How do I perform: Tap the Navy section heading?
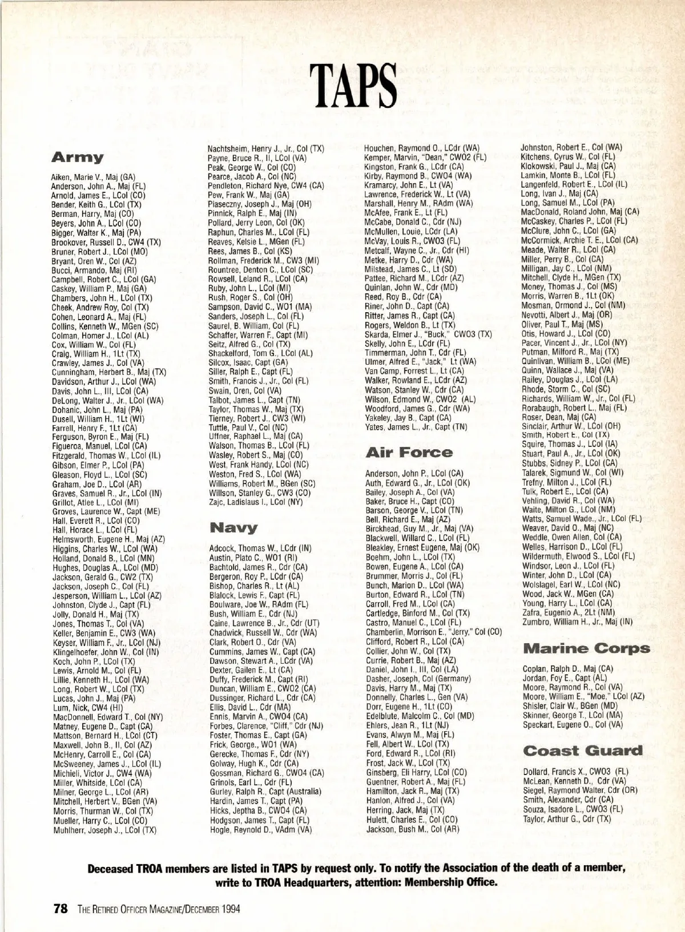(233, 527)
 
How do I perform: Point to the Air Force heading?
(409, 453)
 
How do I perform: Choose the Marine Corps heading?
(586, 649)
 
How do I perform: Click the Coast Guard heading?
(582, 751)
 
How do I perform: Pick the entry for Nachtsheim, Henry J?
(266, 148)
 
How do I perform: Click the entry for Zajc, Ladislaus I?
(255, 502)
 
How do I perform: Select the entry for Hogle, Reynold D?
(260, 830)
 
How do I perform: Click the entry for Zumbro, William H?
(577, 622)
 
